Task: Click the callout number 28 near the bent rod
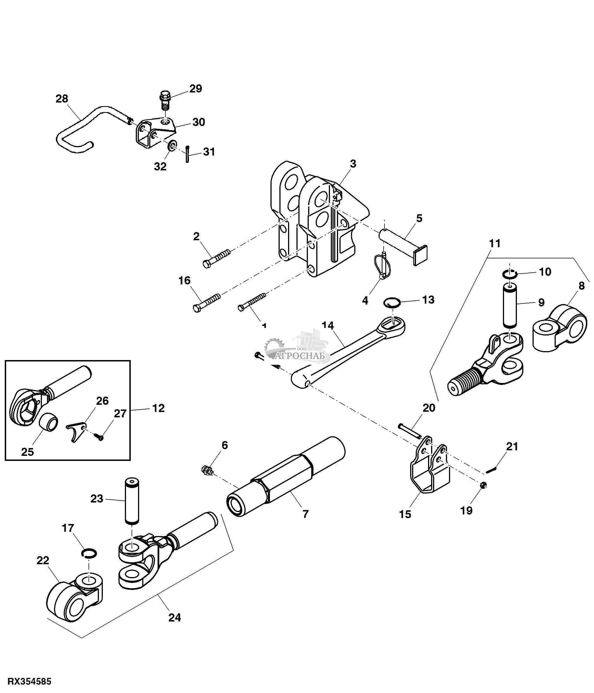click(x=62, y=99)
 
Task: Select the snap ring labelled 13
click(x=391, y=303)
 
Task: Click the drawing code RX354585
click(x=29, y=681)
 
